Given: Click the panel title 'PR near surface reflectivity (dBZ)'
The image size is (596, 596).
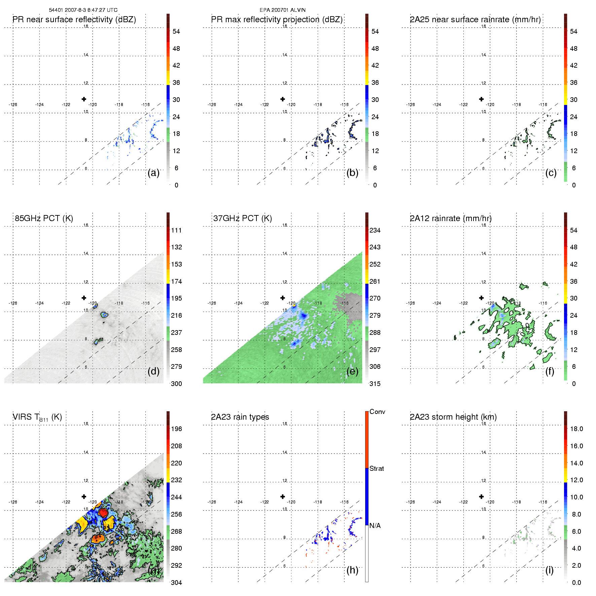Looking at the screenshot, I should click(74, 20).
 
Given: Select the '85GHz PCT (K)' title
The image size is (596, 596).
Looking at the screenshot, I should click(44, 218).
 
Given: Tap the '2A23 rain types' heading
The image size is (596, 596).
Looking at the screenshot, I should click(240, 417).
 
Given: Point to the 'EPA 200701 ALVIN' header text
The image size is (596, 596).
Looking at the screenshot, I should click(283, 10).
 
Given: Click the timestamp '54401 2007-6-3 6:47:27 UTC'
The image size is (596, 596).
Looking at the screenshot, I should click(83, 10).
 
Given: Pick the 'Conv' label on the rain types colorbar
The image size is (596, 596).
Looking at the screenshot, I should click(377, 412).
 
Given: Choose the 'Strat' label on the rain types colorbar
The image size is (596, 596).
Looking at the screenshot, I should click(377, 468).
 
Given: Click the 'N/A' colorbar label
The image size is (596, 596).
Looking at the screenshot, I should click(375, 526).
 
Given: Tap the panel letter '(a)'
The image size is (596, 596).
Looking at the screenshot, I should click(153, 173).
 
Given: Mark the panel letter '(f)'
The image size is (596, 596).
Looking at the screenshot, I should click(550, 371).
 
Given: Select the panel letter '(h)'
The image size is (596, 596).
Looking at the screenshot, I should click(352, 570).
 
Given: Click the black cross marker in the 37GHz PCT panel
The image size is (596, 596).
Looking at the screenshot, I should click(283, 298).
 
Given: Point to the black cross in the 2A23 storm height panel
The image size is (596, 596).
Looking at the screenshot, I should click(481, 496).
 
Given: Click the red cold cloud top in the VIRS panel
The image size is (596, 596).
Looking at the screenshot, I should click(103, 513).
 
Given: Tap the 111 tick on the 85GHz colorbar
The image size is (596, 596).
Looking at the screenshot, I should click(176, 230).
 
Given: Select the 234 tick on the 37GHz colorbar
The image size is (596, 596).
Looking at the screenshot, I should click(375, 230).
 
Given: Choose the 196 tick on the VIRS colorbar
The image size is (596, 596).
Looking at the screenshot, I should click(176, 429).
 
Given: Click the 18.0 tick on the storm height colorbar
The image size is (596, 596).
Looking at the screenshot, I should click(576, 429).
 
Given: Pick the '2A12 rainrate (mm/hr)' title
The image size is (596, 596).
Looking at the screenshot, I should click(451, 218).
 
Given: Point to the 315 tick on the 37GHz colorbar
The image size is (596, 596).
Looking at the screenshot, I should click(375, 384).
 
